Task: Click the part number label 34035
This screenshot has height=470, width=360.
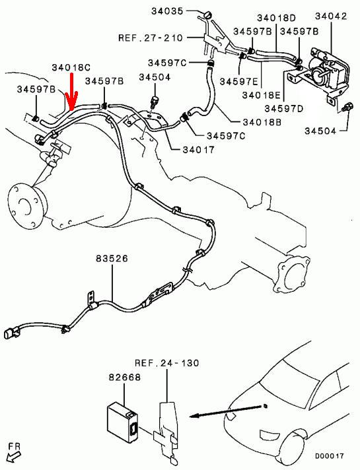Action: (x=167, y=11)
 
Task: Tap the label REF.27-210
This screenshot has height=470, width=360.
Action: (x=151, y=38)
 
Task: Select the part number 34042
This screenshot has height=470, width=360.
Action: (x=331, y=17)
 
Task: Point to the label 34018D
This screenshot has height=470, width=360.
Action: (x=276, y=18)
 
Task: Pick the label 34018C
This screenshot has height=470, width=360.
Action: (x=71, y=67)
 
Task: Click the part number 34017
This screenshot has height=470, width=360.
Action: (x=199, y=149)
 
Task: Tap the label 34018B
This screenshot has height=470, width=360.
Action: (x=262, y=122)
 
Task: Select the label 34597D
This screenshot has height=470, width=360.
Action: (x=284, y=108)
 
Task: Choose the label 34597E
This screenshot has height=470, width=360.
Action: (x=239, y=81)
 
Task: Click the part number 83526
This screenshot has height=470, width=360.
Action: (x=112, y=258)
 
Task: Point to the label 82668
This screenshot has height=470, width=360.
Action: (x=124, y=377)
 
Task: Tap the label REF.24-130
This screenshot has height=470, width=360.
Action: (x=167, y=363)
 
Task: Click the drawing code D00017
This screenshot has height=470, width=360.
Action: (x=329, y=456)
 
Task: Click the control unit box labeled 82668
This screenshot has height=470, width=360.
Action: (x=122, y=423)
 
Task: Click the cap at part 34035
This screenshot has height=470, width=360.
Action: (x=207, y=15)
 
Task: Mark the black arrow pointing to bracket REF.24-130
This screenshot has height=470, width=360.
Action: (x=225, y=411)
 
